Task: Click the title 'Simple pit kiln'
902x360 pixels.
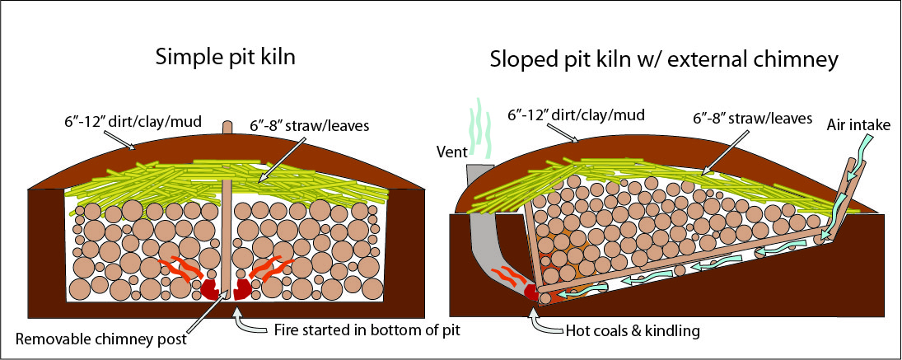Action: click(227, 58)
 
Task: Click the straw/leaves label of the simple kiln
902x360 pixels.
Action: click(298, 125)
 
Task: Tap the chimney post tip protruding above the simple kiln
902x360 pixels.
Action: click(228, 129)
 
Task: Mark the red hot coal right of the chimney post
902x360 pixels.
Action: click(245, 288)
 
